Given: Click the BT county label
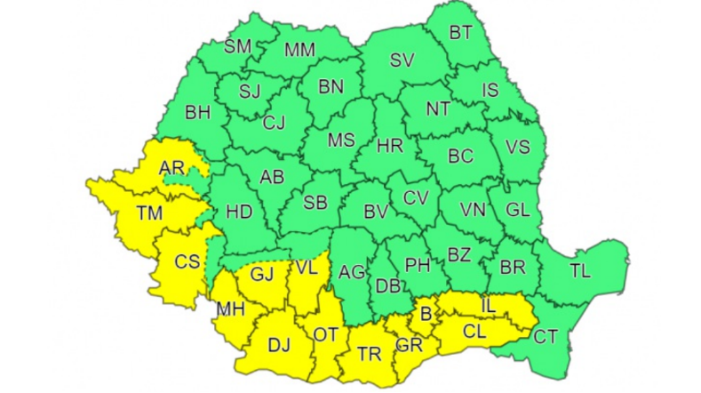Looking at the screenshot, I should pos(460,34).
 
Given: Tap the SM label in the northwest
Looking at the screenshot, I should pos(237,46).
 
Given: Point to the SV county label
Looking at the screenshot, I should pos(403,60).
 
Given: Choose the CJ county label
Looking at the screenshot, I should pos(275,124).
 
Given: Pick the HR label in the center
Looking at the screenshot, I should pos(390,143).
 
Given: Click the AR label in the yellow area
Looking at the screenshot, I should pos(171,167).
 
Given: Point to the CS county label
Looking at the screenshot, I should pos(187,261).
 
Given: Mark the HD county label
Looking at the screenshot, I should pos(240,212).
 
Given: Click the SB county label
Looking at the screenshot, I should pos(315,203).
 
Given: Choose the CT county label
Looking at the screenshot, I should pos(546,336).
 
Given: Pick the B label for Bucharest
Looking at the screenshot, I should pos(424,314).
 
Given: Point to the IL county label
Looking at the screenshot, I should pos(488,307).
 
